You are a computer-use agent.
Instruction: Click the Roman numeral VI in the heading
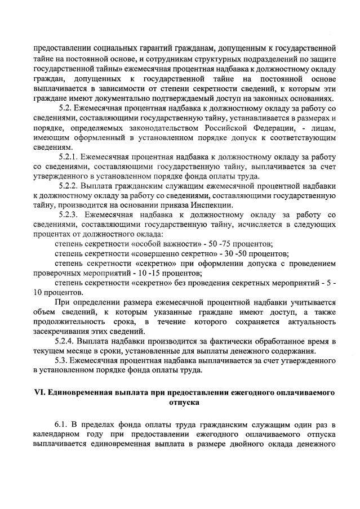coord(39,392)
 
